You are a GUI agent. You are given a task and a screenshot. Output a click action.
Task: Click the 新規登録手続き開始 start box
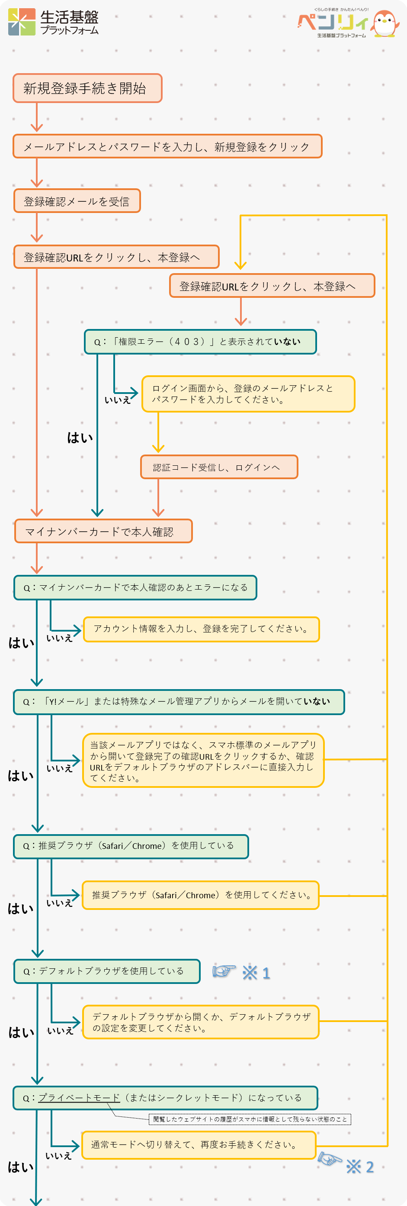(87, 88)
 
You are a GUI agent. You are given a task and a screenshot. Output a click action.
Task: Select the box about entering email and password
(167, 147)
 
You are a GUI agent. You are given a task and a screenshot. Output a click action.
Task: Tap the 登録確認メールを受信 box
(77, 201)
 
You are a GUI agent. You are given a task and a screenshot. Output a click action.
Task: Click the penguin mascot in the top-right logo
(385, 23)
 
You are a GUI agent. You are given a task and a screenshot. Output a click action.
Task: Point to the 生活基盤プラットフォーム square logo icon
(22, 22)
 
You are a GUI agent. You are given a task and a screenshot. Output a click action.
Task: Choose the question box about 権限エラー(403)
(200, 342)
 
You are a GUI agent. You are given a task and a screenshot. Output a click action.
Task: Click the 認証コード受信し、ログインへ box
(219, 467)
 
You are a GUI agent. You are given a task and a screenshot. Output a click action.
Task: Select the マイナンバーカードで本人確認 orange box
(103, 532)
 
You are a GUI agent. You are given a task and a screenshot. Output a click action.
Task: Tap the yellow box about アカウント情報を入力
(201, 629)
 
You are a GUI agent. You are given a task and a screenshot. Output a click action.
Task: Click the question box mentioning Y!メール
(179, 701)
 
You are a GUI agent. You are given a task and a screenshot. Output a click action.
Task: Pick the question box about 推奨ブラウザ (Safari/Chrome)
(131, 845)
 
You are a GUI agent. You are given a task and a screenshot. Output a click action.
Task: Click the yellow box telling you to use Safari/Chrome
(201, 895)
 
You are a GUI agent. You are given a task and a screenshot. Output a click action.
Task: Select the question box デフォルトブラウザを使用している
(107, 971)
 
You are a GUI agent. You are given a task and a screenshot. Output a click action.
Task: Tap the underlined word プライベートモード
(79, 1097)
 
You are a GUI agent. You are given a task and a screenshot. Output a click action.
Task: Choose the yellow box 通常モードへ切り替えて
(199, 1145)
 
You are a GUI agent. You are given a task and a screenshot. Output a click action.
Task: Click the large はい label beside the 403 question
(80, 438)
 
